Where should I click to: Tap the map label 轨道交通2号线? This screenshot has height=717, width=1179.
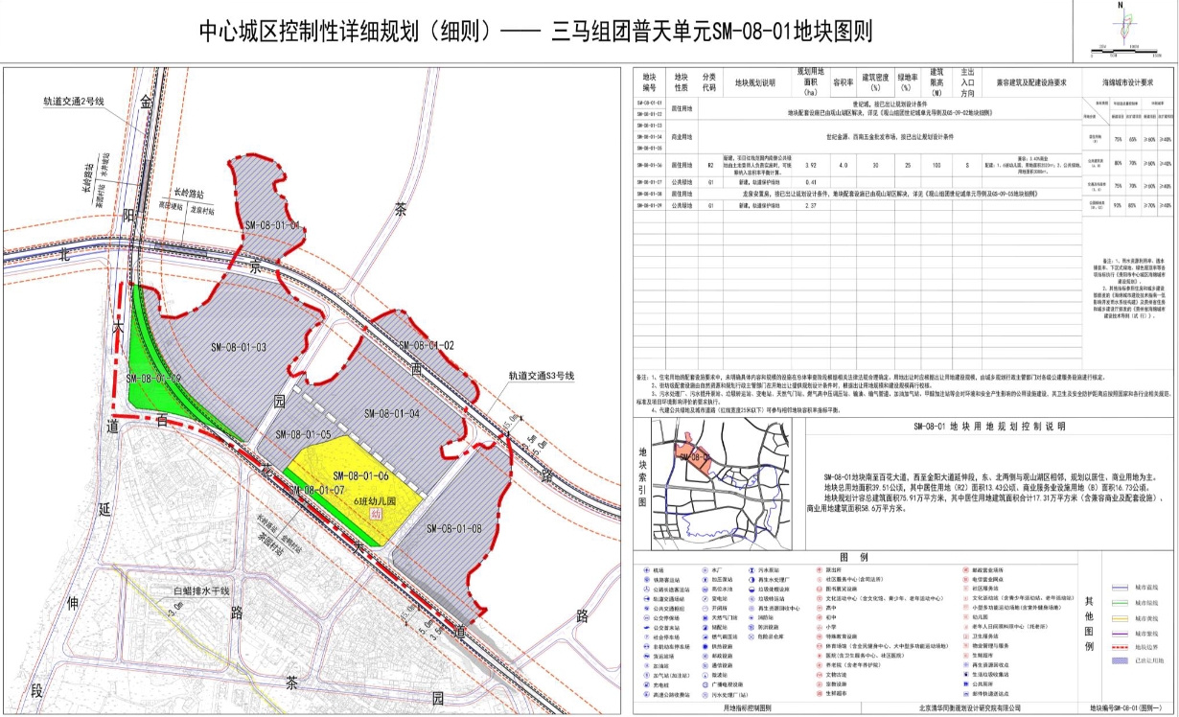[x=72, y=101]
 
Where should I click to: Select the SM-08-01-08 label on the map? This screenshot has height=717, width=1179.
[x=454, y=527]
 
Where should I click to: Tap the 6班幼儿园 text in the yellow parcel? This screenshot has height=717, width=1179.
[x=375, y=500]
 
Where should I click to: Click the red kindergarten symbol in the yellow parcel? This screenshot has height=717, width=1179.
[x=376, y=514]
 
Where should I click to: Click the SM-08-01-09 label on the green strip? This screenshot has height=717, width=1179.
[x=153, y=379]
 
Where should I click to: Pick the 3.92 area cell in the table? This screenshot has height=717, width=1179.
[x=810, y=165]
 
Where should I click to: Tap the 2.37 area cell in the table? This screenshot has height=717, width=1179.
[x=810, y=205]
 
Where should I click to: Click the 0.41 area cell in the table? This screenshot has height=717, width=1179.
[x=810, y=181]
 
